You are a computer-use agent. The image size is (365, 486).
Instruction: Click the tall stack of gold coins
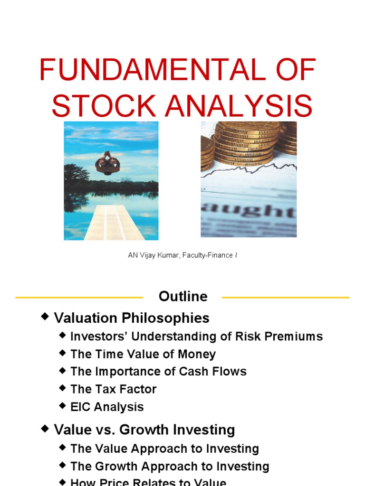tap(245, 142)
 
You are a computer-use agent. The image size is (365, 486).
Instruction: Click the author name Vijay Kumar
tap(159, 255)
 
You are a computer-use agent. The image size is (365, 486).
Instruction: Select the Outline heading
tap(183, 297)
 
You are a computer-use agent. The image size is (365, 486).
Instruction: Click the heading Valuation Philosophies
tap(132, 318)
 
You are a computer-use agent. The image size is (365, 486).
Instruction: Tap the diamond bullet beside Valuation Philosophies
tap(45, 317)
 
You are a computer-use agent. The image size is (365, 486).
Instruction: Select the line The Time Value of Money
tap(143, 354)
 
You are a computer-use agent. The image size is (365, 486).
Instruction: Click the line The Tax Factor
tap(113, 389)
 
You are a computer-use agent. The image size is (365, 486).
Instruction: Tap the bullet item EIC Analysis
tap(107, 407)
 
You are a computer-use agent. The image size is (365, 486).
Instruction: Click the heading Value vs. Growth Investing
tap(144, 430)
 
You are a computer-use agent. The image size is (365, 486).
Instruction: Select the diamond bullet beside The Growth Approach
tap(63, 466)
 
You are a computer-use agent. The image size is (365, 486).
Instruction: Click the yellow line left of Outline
tap(79, 298)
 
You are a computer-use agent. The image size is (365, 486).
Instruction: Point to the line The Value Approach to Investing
tap(164, 449)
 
